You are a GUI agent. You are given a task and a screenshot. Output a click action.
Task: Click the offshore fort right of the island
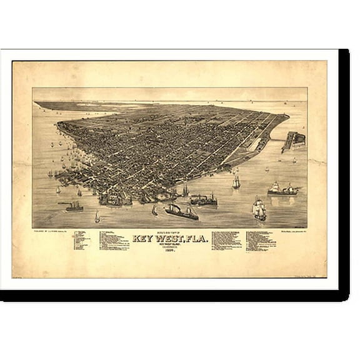(x=294, y=141)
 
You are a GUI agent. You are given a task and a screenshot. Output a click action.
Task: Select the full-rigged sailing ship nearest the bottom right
(x=259, y=209)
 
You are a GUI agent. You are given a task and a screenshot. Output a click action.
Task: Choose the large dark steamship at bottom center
(x=181, y=211)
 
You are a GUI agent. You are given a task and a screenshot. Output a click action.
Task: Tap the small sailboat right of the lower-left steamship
(x=97, y=216)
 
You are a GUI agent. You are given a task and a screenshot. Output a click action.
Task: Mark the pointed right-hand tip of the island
(x=287, y=116)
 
